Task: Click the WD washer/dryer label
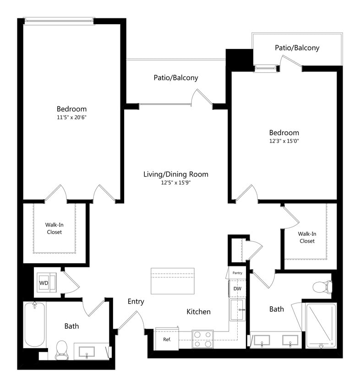tap(44, 283)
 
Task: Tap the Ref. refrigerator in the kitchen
tap(166, 339)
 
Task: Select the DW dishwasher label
tap(237, 288)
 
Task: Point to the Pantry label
tap(237, 273)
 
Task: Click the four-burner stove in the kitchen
tap(202, 339)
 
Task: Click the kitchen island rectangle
tap(172, 281)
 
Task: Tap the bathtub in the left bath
tap(34, 324)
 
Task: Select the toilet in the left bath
tap(61, 349)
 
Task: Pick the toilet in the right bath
tap(322, 287)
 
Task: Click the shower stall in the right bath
tap(321, 324)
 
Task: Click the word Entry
tap(136, 301)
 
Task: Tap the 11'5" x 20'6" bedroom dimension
tap(71, 117)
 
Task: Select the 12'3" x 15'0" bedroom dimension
tap(284, 141)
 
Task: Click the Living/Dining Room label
tap(176, 174)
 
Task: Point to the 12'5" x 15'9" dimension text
tap(176, 182)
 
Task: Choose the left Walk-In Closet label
tap(54, 228)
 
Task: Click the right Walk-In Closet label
tap(307, 237)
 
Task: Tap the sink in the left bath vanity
tap(87, 352)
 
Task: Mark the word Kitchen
tap(198, 312)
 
